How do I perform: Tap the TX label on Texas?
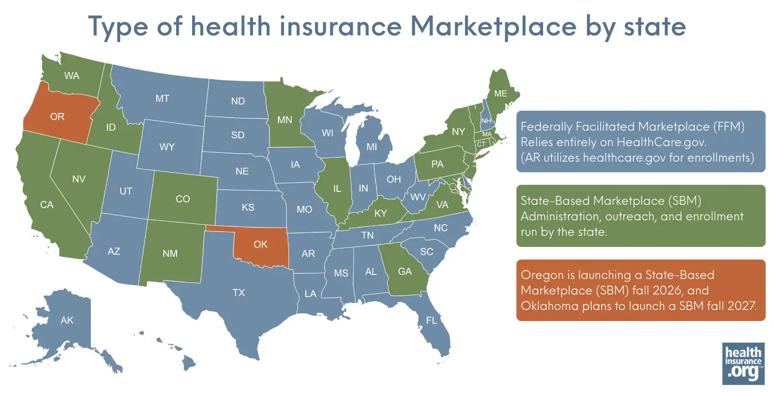239,293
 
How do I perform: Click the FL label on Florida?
431,320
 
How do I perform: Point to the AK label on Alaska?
67,320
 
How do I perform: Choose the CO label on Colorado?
183,199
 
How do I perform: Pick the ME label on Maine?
500,94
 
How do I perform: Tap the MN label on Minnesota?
286,119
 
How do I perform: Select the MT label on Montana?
162,99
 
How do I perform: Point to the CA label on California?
46,205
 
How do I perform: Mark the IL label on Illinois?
337,189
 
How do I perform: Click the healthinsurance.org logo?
743,363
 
